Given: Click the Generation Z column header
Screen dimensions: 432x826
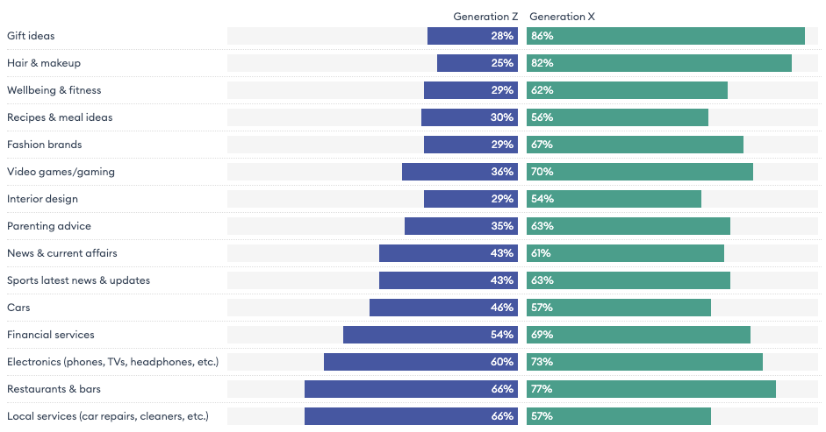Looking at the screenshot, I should point(485,17).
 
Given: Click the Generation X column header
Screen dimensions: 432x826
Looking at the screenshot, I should point(563,17).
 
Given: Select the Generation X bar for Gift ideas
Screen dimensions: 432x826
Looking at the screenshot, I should point(665,36).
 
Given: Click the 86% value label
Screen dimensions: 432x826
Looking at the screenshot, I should point(542,36).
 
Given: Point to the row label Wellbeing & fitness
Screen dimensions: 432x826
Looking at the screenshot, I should point(54,90).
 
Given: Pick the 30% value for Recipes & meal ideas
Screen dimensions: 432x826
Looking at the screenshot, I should point(502,117).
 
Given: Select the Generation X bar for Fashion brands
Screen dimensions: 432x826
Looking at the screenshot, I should point(635,145).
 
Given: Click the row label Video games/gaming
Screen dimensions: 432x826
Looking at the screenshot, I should point(61,172).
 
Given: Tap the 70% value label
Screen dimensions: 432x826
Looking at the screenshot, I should point(542,172).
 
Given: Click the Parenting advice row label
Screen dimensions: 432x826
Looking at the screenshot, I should point(49,226).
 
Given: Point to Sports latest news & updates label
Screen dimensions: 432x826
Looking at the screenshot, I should point(78,280).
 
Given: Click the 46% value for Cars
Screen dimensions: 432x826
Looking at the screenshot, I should point(502,308).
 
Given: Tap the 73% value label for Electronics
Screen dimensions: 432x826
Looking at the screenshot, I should point(542,362).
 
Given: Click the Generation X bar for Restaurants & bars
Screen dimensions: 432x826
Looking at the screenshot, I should point(651,389).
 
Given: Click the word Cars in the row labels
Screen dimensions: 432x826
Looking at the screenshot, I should point(18,308).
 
